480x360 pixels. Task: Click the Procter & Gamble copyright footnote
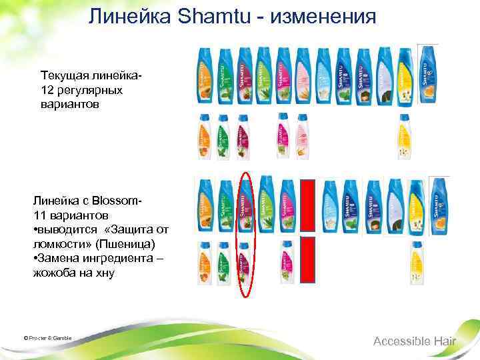47,338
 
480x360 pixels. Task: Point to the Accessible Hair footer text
414,341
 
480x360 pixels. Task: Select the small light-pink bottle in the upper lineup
301,137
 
